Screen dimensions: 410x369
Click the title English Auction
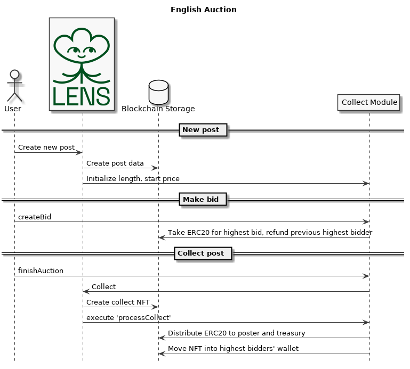(204, 10)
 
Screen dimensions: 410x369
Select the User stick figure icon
(14, 86)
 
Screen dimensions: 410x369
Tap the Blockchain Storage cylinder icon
(158, 93)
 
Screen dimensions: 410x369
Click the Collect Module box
(369, 102)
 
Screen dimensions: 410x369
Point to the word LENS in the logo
(82, 96)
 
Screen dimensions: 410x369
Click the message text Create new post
(46, 147)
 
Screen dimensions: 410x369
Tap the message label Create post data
(115, 163)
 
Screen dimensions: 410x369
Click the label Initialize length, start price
(133, 178)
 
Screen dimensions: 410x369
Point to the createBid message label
(35, 217)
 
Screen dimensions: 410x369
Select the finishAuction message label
(41, 271)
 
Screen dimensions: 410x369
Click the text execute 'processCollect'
(128, 318)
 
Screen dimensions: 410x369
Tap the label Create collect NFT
(118, 302)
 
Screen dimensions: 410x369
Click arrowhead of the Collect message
(86, 291)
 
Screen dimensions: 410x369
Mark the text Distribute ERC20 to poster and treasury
(236, 333)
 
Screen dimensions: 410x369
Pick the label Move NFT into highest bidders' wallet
(233, 349)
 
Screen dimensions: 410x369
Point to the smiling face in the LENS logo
(82, 52)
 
